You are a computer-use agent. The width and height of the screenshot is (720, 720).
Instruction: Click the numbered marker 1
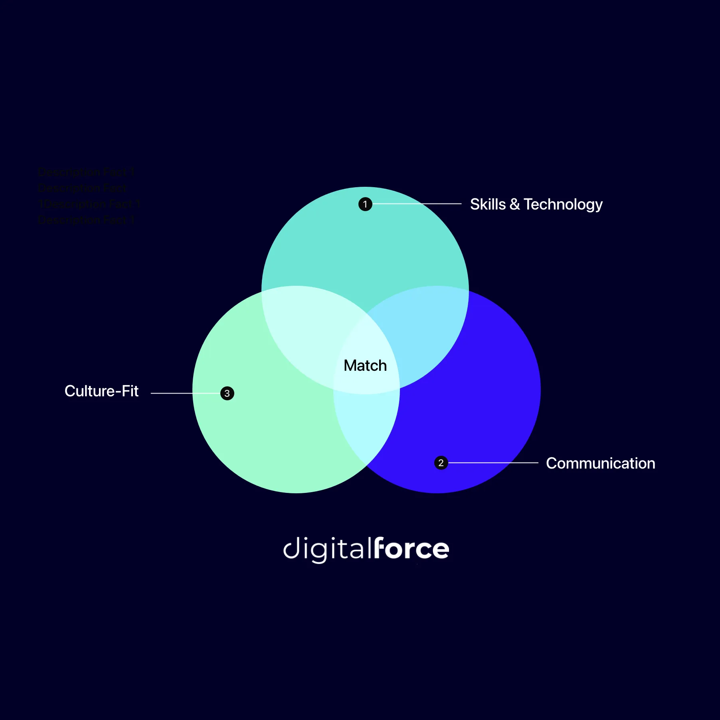click(365, 204)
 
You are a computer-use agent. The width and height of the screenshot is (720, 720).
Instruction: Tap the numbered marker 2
click(441, 463)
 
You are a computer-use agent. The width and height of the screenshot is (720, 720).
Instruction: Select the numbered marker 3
click(227, 393)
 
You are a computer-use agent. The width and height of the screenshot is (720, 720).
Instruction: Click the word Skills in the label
click(487, 204)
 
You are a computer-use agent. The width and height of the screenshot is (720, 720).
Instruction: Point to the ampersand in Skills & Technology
click(514, 204)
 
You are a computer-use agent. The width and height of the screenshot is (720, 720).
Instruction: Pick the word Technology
click(563, 204)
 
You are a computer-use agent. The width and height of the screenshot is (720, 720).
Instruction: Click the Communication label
click(600, 463)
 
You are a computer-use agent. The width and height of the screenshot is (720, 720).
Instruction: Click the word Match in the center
click(365, 366)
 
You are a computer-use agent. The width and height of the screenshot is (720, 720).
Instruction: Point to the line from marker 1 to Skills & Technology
click(417, 204)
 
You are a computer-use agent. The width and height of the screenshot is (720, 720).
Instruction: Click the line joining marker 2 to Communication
click(493, 463)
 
